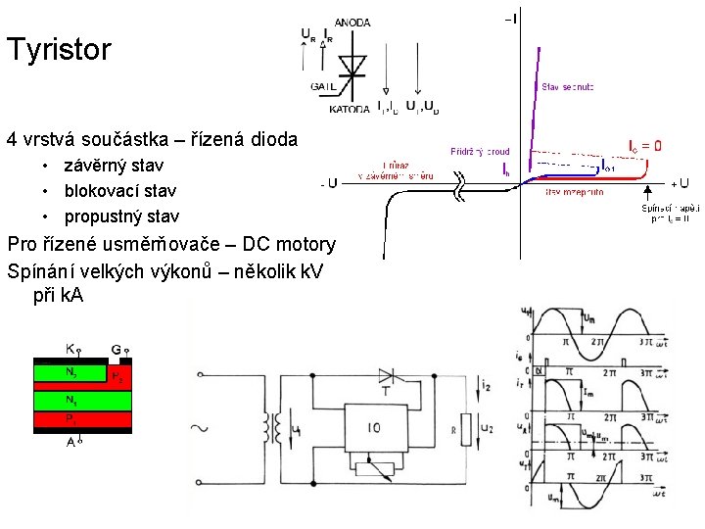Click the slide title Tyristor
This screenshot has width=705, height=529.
coord(59,49)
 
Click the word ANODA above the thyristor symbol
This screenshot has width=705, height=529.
coord(352,23)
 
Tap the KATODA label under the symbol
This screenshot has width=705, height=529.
coord(350,109)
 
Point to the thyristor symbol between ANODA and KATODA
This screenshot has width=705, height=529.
coord(352,65)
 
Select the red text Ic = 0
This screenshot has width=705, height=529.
coord(643,146)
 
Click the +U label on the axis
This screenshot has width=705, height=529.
coord(679,183)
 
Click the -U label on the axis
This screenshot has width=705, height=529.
coord(329,183)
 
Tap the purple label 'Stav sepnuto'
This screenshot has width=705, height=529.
coord(568,87)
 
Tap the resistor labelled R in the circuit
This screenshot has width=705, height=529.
coord(457,429)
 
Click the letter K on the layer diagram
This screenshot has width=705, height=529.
coord(70,348)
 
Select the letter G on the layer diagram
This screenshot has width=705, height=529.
coord(117,348)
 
